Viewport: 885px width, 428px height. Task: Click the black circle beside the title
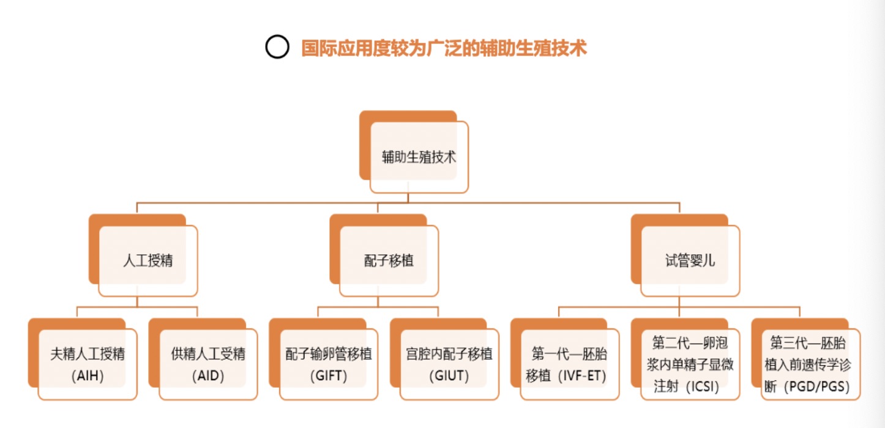[x=277, y=47]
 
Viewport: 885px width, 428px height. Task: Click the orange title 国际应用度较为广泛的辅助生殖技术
[x=444, y=48]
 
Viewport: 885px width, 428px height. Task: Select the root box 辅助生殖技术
[x=419, y=157]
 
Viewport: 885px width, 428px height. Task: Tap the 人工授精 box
[x=148, y=260]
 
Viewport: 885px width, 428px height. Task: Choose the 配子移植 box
[x=389, y=260]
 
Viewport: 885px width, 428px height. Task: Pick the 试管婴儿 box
[x=690, y=260]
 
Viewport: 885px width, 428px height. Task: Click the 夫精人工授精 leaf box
[x=88, y=364]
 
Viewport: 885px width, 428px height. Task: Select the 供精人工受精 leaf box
[x=208, y=364]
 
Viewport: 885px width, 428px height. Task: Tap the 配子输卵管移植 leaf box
[x=329, y=364]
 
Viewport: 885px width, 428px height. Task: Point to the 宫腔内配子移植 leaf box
[x=449, y=364]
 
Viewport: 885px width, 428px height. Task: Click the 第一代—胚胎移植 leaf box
[x=570, y=364]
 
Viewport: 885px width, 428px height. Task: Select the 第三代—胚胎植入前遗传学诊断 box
[x=810, y=364]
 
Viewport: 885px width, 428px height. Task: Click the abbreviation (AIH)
[x=88, y=376]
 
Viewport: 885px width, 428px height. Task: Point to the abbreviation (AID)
[x=208, y=376]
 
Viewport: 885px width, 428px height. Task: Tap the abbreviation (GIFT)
[x=329, y=376]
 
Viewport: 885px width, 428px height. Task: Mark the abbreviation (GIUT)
[x=449, y=376]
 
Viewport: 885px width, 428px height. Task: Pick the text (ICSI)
[x=702, y=387]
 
